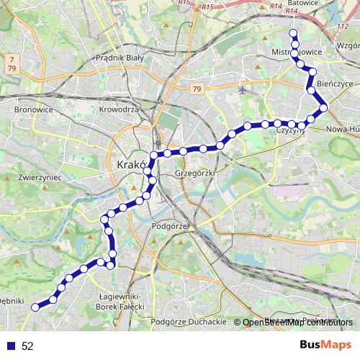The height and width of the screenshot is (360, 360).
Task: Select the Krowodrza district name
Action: (119, 109)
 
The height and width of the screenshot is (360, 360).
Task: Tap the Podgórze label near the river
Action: (170, 225)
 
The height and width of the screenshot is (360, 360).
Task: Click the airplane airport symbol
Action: (241, 91)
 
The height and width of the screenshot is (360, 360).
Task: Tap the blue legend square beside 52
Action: (9, 346)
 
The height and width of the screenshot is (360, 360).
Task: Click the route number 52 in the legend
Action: (27, 346)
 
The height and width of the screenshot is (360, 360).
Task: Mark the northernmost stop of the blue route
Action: (293, 33)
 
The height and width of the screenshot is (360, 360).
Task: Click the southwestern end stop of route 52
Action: (35, 307)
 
